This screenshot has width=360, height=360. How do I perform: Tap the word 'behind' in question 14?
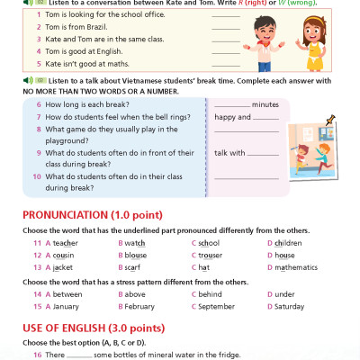(211, 293)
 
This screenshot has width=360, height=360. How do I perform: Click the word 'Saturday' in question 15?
(291, 306)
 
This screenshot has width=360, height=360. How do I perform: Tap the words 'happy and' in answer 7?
(232, 117)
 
